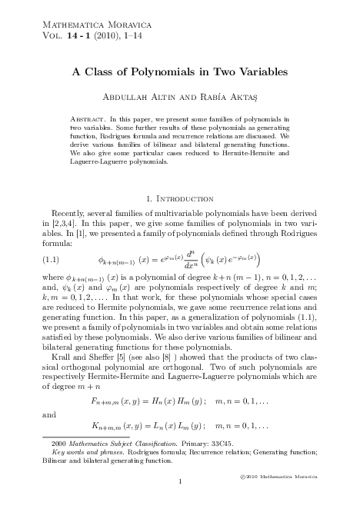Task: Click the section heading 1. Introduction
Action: [x=179, y=198]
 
